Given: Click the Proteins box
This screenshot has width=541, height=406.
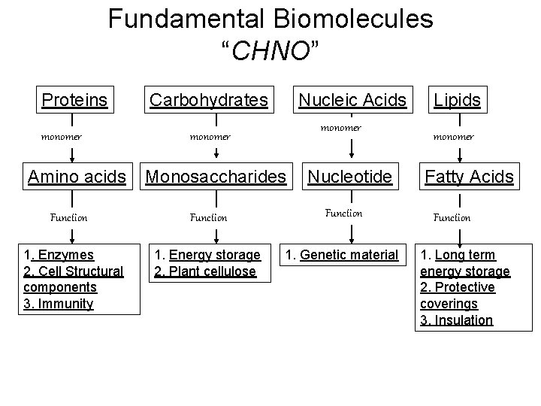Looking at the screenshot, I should click(74, 99).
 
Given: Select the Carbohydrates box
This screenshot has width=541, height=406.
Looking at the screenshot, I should click(209, 99).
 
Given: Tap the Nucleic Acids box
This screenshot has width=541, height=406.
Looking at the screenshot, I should click(352, 99).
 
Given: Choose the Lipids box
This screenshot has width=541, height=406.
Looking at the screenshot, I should click(458, 99).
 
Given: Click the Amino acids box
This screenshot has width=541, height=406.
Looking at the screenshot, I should click(77, 177).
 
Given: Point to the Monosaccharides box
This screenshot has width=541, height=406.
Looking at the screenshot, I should click(216, 177).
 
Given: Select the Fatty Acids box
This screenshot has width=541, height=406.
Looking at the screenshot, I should click(469, 177).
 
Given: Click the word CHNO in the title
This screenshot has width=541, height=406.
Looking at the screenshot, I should click(270, 51).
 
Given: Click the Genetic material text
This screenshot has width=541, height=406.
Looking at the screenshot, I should click(349, 255).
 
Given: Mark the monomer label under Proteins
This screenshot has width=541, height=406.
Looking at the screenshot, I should click(62, 137).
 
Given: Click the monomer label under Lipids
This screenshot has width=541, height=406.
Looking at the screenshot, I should click(453, 137).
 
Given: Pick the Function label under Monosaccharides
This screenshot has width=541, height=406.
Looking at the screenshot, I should click(208, 217).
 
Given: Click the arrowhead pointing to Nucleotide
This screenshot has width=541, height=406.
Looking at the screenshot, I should click(343, 156).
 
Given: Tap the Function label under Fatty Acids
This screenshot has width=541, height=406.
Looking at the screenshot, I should click(452, 217).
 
